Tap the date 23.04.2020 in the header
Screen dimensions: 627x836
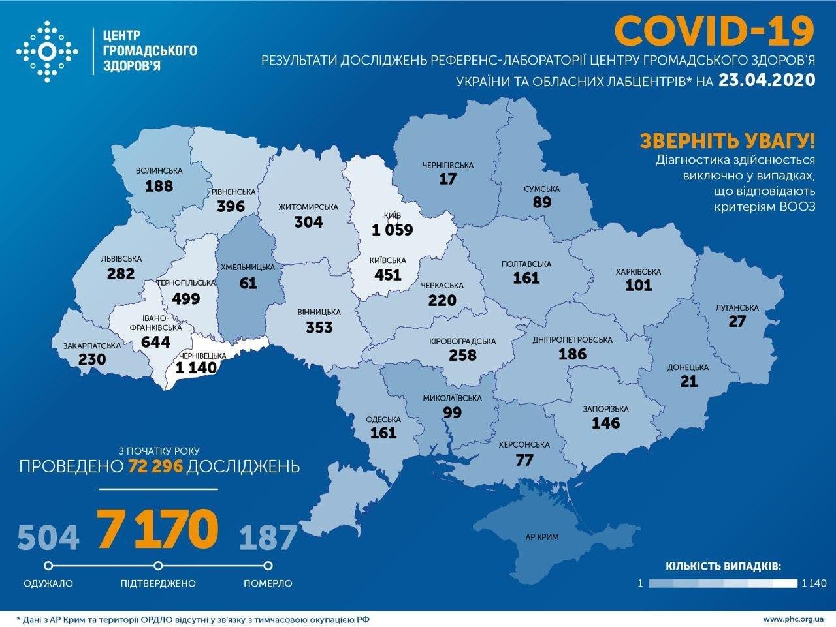click(767, 80)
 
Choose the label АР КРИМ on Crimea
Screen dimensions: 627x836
click(542, 539)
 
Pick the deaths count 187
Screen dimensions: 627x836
click(268, 537)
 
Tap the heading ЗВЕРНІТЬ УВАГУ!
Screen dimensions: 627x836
click(727, 140)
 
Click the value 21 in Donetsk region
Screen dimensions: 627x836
click(688, 382)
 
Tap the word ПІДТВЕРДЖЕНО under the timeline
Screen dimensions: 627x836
click(158, 583)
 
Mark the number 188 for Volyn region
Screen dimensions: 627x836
click(159, 185)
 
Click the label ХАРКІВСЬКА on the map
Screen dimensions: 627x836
click(638, 271)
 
